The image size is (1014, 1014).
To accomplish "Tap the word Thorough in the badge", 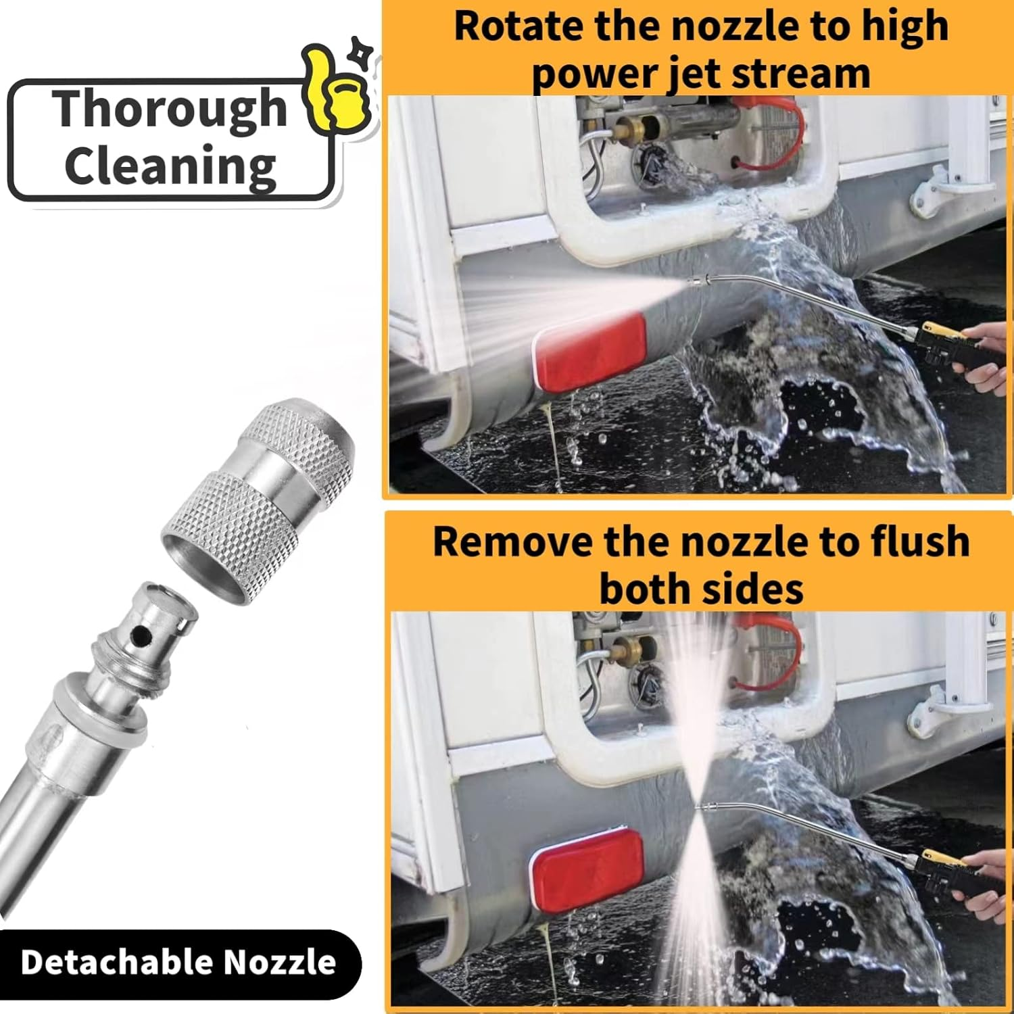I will tap(171, 108).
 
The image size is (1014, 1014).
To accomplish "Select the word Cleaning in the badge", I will tap(170, 166).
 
